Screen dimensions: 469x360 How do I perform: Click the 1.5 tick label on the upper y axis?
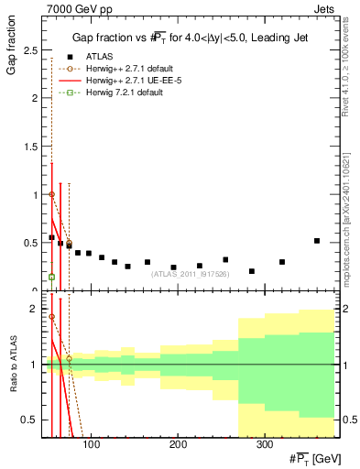click(33, 147)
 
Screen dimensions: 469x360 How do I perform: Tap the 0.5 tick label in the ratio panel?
click(33, 420)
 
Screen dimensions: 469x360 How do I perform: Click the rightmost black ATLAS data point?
click(317, 241)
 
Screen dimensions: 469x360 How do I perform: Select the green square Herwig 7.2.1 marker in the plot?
click(51, 277)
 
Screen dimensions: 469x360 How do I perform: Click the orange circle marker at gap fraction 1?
click(51, 194)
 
